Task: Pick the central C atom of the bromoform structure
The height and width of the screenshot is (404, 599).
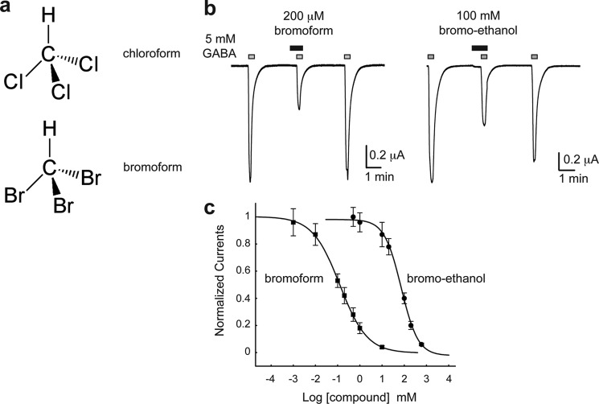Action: pos(48,165)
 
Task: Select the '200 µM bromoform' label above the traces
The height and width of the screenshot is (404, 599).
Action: pos(301,24)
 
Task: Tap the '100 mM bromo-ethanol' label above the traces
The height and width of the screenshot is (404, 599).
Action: pos(481,24)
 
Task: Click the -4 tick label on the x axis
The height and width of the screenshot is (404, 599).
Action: pos(269,377)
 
